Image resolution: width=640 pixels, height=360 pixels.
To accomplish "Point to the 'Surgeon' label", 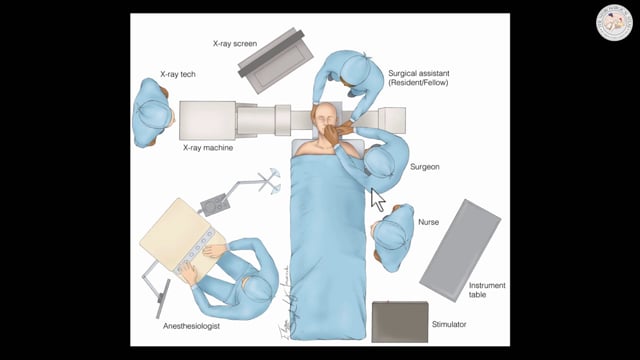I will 425,167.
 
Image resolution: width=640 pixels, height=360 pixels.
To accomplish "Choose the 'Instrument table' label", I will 487,291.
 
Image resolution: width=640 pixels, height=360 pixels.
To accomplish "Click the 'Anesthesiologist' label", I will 192,325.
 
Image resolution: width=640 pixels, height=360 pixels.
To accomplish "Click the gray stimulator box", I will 399,322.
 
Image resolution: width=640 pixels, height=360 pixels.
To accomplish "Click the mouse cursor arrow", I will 377,199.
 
